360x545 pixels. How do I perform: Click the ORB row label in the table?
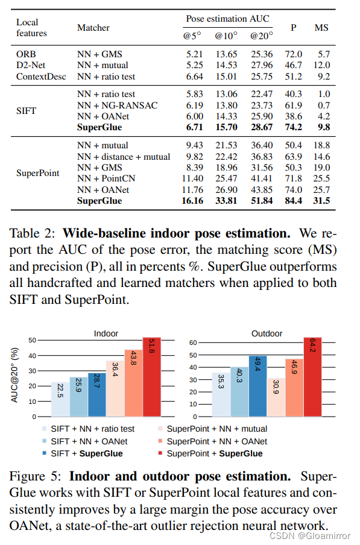26,54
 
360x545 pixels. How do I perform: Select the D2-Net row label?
31,65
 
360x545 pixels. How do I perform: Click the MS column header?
321,27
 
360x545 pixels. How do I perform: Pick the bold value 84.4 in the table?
294,201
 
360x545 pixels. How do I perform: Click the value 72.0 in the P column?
294,54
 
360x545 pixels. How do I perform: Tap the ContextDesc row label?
41,77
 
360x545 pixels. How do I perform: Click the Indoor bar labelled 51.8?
152,377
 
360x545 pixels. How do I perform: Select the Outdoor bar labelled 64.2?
312,377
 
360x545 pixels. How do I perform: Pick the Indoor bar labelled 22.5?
60,399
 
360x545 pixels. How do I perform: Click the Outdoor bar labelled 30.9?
276,397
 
